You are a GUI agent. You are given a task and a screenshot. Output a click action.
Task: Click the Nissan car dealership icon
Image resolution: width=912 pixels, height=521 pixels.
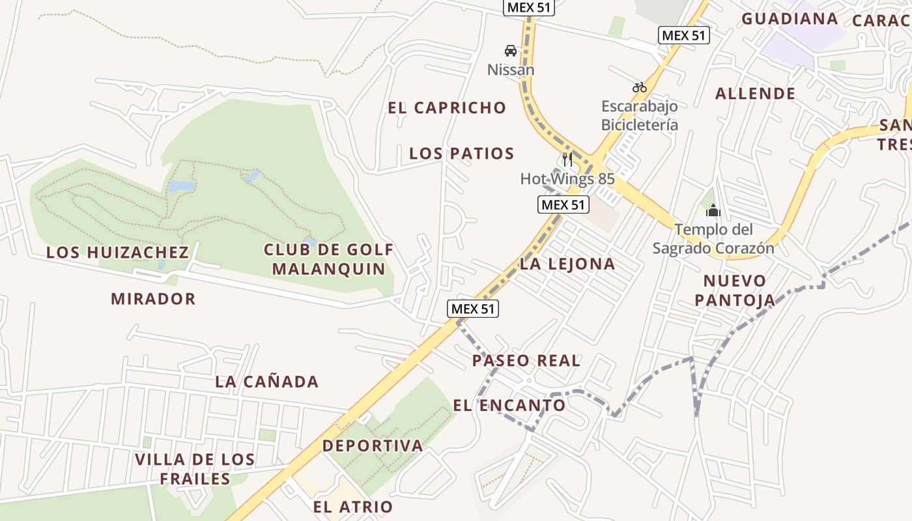pyautogui.click(x=511, y=51)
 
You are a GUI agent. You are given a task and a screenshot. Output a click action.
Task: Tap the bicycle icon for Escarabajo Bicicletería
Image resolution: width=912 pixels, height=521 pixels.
pyautogui.click(x=640, y=87)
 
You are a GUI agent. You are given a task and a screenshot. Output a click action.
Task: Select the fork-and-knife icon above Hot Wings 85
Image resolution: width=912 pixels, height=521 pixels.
pyautogui.click(x=567, y=160)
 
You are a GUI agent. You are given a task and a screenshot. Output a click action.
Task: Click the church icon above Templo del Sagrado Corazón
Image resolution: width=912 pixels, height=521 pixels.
pyautogui.click(x=713, y=210)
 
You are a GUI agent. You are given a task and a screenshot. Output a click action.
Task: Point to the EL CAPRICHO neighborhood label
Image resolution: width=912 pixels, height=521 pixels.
pyautogui.click(x=447, y=108)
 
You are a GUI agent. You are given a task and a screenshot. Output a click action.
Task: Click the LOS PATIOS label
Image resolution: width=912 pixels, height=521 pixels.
pyautogui.click(x=462, y=154)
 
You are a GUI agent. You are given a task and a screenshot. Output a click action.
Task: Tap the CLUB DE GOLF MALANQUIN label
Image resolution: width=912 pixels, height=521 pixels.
pyautogui.click(x=329, y=259)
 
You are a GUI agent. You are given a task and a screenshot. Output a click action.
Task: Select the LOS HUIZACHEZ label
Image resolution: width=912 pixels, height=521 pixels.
pyautogui.click(x=117, y=252)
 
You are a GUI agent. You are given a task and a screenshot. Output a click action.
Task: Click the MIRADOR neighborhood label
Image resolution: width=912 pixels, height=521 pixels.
pyautogui.click(x=153, y=299)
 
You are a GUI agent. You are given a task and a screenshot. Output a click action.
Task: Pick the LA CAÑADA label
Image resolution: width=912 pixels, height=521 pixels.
pyautogui.click(x=267, y=382)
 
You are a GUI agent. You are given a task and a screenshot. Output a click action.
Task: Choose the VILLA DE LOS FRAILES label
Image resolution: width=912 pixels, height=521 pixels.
pyautogui.click(x=195, y=469)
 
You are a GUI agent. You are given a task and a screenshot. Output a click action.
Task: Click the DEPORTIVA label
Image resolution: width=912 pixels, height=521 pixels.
pyautogui.click(x=373, y=446)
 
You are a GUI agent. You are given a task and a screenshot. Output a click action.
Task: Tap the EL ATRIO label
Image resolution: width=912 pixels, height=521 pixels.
pyautogui.click(x=353, y=507)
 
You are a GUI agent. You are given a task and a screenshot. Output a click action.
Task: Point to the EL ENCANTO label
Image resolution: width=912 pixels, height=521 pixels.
pyautogui.click(x=509, y=405)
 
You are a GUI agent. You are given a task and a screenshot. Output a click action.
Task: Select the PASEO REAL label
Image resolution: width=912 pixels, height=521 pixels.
pyautogui.click(x=526, y=361)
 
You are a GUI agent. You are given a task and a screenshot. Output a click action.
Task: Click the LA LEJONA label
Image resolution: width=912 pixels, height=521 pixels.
pyautogui.click(x=567, y=264)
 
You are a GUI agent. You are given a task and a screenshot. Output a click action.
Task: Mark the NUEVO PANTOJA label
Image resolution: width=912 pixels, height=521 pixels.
pyautogui.click(x=735, y=290)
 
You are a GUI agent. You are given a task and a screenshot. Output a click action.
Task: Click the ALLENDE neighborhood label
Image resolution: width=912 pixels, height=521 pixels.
pyautogui.click(x=756, y=94)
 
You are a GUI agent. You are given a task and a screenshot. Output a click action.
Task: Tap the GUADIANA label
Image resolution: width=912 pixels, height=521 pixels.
pyautogui.click(x=790, y=19)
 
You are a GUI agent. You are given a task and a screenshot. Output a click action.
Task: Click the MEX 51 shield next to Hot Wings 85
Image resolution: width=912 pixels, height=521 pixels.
pyautogui.click(x=563, y=204)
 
